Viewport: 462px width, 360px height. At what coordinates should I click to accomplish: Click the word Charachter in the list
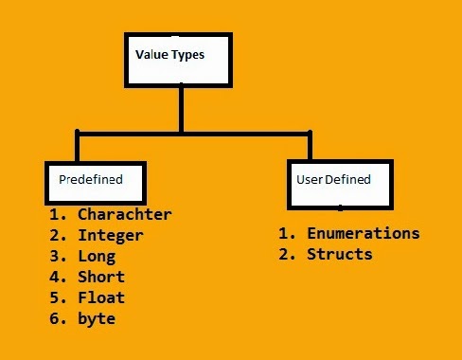pos(125,214)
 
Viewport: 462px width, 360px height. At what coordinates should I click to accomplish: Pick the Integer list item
pos(111,235)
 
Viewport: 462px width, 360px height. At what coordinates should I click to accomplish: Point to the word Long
pos(97,256)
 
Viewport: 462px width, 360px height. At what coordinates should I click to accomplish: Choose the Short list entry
pos(101,277)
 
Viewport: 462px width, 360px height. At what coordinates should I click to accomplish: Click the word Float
pos(101,297)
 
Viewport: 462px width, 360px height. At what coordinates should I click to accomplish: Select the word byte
pos(97,318)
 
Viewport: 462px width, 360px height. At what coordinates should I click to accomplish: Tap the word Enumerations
pos(363,233)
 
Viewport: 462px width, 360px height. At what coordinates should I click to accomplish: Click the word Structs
pos(339,254)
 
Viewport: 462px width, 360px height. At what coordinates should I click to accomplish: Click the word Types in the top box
pos(188,55)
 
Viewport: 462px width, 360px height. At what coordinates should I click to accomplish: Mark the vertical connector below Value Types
pos(180,109)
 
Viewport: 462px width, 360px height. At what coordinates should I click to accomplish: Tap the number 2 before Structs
pos(284,254)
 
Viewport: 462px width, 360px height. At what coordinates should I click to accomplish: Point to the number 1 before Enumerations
pos(284,233)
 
